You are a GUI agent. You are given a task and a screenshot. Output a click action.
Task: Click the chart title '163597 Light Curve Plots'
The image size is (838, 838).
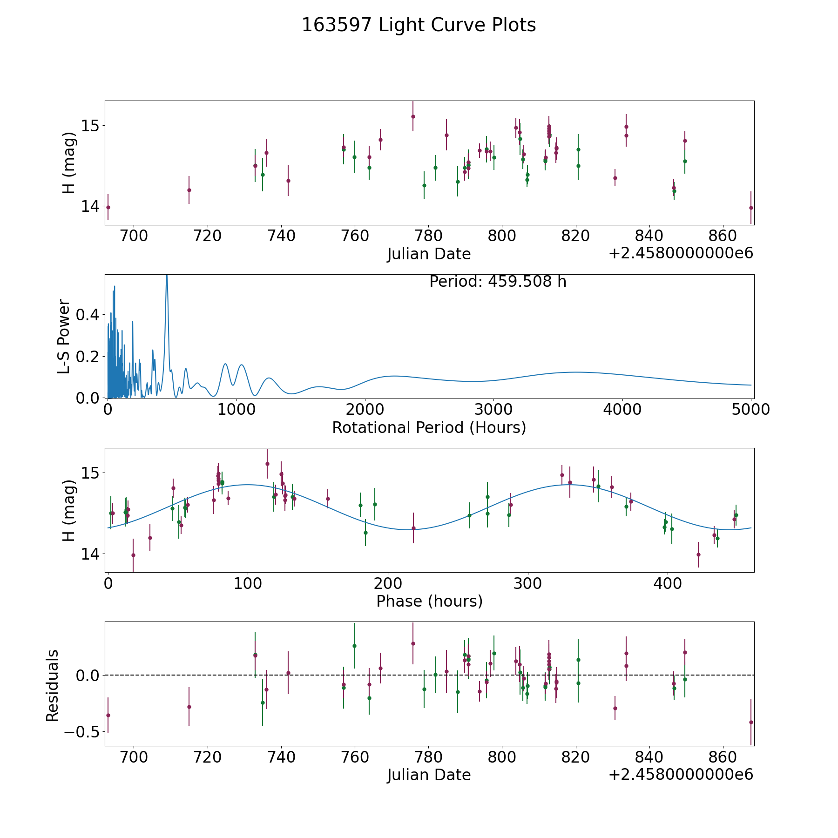tap(419, 25)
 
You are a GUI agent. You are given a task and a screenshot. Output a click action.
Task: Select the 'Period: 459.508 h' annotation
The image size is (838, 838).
tap(498, 282)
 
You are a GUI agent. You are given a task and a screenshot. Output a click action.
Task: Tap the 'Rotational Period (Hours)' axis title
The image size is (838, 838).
tap(429, 427)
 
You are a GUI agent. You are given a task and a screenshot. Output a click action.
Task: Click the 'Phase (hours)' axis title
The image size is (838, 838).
tap(429, 601)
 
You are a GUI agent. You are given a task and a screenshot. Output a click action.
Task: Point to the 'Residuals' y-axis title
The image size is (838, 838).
tap(53, 685)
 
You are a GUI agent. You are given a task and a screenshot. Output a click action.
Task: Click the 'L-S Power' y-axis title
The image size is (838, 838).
tap(64, 336)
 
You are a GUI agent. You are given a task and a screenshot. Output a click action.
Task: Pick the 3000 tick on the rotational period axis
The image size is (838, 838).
tap(493, 410)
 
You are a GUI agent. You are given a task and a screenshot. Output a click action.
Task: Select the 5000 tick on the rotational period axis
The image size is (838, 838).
tap(750, 410)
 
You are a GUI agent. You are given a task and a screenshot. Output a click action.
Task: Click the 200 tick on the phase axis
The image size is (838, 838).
tap(388, 583)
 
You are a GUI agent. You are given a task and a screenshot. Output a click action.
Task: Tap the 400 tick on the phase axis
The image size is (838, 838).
tap(668, 583)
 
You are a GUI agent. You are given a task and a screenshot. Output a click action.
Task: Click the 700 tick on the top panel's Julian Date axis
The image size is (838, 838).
tap(134, 236)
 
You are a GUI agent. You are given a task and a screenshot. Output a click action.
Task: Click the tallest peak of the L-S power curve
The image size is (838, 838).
tap(167, 276)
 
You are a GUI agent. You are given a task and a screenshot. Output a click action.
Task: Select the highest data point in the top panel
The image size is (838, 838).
tap(413, 116)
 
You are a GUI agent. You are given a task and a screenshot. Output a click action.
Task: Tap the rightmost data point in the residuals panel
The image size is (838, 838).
tap(751, 722)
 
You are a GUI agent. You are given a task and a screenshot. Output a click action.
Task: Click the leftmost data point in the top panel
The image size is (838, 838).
tap(108, 207)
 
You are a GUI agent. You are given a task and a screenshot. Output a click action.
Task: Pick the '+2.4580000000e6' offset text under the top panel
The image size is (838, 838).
tap(681, 254)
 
